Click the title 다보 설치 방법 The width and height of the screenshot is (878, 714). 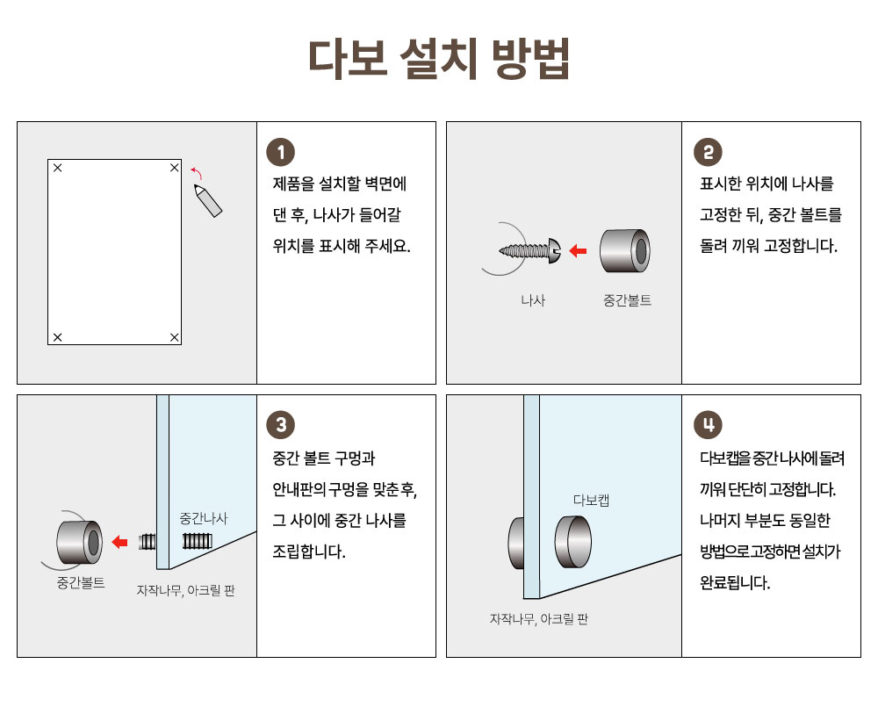[439, 58]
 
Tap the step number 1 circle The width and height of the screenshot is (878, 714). [281, 152]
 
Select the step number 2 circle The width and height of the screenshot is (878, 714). [708, 152]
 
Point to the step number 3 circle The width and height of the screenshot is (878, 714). [281, 425]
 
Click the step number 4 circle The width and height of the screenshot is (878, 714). [708, 425]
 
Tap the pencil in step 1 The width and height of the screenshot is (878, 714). [208, 200]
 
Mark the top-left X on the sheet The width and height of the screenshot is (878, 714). [58, 168]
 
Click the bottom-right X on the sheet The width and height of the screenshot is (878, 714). [174, 337]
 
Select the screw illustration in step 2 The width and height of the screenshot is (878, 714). [530, 250]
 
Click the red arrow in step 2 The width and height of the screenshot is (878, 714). [578, 251]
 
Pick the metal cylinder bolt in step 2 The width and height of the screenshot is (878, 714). [625, 250]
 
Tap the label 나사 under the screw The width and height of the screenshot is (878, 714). [533, 300]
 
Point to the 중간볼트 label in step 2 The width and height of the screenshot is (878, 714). [627, 300]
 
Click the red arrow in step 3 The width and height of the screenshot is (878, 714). [119, 542]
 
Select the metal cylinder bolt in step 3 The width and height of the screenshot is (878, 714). [80, 542]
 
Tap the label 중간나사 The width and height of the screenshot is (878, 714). [204, 518]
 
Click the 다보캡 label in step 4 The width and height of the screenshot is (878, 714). [591, 500]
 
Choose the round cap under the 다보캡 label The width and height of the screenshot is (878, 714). [572, 542]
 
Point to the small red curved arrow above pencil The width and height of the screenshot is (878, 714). [196, 172]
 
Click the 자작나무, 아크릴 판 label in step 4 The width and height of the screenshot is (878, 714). [539, 619]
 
